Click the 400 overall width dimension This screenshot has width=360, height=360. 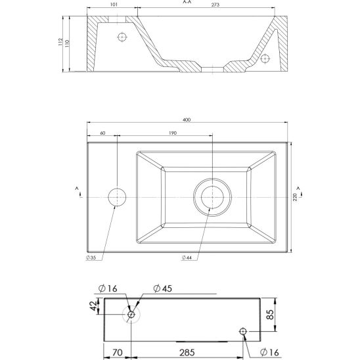coord(187,120)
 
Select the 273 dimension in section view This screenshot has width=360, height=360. coord(215,5)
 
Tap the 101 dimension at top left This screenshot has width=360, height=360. coord(114,5)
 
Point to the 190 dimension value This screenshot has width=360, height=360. coord(173,133)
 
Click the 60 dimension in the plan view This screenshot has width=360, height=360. coord(102,133)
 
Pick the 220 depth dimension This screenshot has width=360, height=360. coord(295,197)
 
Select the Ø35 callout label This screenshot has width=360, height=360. coord(91,258)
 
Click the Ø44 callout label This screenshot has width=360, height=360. coord(187,258)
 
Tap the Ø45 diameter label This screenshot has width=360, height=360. coord(162,288)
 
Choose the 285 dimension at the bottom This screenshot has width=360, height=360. coord(187,352)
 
